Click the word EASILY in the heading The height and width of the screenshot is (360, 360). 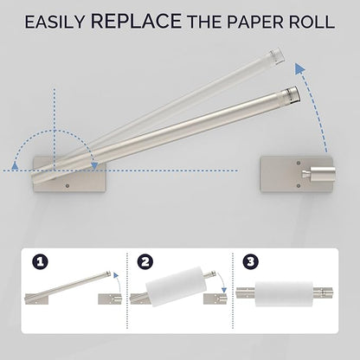tap(55, 22)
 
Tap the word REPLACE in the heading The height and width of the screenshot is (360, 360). tap(136, 20)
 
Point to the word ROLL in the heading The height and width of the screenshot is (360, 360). tap(312, 22)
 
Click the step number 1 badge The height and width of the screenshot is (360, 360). tap(40, 262)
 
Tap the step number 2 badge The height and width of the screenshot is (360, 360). tap(145, 262)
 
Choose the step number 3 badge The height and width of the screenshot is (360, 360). tap(250, 262)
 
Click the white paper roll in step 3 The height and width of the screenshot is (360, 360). tap(284, 293)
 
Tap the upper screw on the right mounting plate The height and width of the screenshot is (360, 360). tap(299, 164)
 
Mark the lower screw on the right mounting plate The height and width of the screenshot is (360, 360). tap(299, 186)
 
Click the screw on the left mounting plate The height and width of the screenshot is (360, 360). tap(67, 186)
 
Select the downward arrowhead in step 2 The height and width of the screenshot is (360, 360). tap(223, 290)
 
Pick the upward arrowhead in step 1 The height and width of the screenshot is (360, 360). tap(116, 275)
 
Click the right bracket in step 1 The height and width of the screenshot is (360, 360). tap(110, 299)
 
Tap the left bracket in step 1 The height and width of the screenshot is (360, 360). tap(36, 299)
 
